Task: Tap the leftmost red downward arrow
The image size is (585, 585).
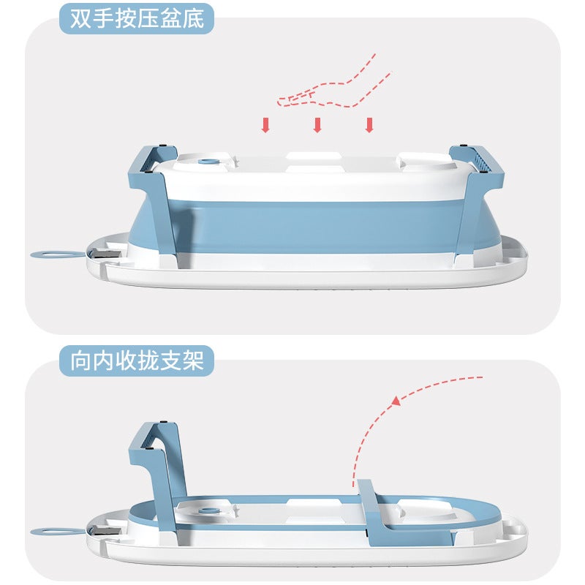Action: click(x=265, y=125)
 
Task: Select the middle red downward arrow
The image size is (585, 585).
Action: click(x=317, y=125)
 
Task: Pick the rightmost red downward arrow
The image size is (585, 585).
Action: click(x=369, y=125)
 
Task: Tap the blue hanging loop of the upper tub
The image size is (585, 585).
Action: click(x=56, y=254)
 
